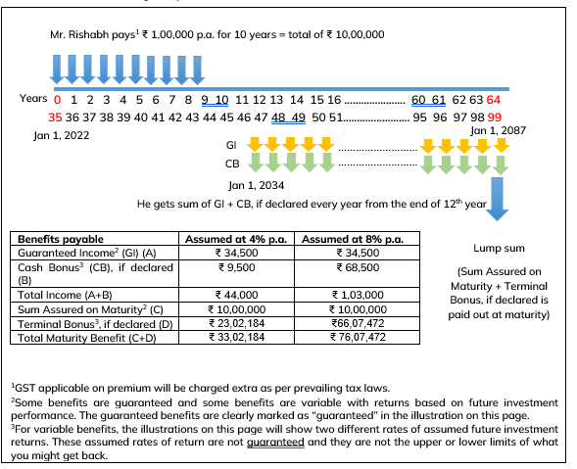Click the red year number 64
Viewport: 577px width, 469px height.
tap(494, 100)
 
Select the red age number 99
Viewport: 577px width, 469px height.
tap(495, 117)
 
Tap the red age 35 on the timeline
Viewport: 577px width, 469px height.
tap(55, 117)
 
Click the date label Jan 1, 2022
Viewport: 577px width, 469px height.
tap(62, 135)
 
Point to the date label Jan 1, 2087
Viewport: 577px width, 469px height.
tap(499, 130)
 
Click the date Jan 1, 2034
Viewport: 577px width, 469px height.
tap(256, 185)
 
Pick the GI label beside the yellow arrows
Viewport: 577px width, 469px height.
tap(231, 145)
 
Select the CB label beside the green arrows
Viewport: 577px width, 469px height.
tap(232, 164)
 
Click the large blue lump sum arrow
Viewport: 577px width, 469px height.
tap(497, 199)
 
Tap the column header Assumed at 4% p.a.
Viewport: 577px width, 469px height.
tap(236, 239)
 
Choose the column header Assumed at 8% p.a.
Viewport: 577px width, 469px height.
tap(353, 239)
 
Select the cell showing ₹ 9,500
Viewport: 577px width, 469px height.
tap(237, 267)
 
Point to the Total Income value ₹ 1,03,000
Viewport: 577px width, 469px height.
tap(358, 295)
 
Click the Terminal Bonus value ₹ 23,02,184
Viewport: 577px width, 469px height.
tap(237, 323)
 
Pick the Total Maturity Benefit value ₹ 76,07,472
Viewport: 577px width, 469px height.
tap(358, 337)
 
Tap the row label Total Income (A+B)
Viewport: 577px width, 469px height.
tap(65, 295)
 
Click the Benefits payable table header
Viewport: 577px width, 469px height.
tap(61, 239)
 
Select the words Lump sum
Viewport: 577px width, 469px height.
tap(499, 249)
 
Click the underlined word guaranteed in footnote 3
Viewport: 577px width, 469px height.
tap(275, 443)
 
